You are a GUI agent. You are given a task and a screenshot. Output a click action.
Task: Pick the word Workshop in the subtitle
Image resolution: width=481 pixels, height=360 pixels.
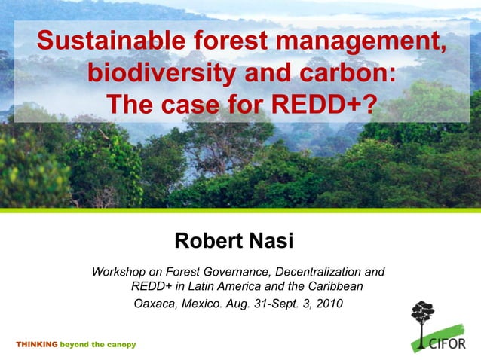(x=120, y=271)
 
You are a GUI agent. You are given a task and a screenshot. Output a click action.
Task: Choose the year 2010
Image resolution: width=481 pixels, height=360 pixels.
(x=328, y=304)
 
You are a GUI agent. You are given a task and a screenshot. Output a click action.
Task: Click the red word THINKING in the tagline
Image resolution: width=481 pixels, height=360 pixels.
(x=36, y=344)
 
